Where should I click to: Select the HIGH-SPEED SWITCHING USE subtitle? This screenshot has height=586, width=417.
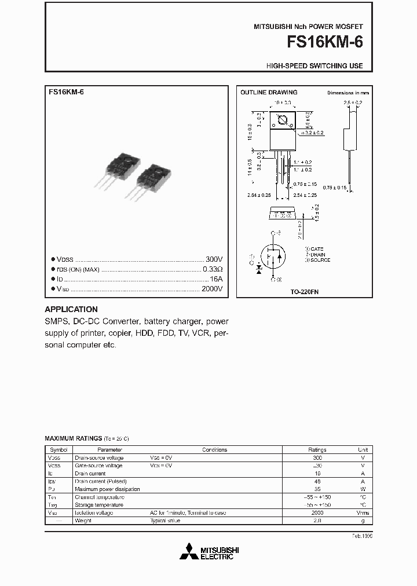(314, 66)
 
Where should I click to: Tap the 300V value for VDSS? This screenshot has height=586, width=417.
(214, 259)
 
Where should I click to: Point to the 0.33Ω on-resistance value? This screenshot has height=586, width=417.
(213, 269)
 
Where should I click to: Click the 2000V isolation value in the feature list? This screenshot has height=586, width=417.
(211, 288)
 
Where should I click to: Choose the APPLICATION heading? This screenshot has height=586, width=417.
(71, 309)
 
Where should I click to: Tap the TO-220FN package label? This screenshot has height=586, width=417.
(305, 292)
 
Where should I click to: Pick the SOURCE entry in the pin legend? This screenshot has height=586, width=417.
(319, 260)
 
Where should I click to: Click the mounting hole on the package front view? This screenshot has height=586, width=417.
(283, 121)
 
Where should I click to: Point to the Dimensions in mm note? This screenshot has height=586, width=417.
(348, 93)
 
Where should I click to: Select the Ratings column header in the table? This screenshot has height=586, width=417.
(317, 449)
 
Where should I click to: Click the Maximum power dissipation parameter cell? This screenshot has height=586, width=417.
(107, 489)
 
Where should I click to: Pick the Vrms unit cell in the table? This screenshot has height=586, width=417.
(363, 513)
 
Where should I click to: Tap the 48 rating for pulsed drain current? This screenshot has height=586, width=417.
(317, 481)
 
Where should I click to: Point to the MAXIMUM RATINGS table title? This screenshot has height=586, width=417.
(74, 439)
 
